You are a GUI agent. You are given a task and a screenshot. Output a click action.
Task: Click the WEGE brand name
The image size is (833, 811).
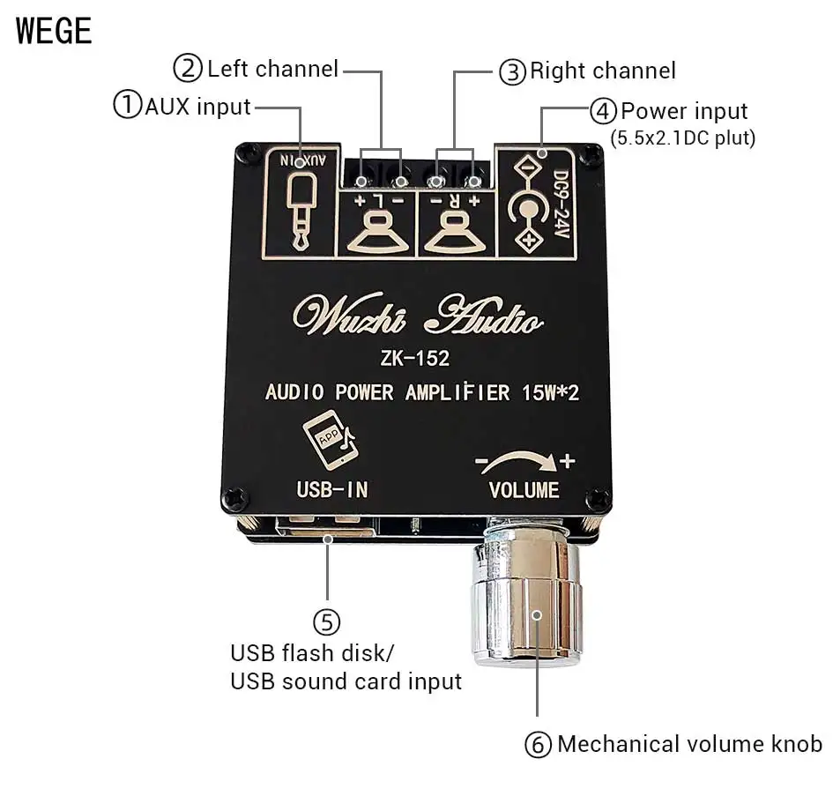point(54,31)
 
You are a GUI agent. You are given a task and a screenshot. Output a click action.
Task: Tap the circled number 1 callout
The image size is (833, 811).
point(127,107)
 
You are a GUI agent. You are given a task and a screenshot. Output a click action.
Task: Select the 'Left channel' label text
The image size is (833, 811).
point(272,68)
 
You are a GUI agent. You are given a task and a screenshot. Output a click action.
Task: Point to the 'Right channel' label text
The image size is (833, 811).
point(603,71)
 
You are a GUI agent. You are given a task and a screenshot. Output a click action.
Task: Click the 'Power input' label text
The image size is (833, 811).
point(684,112)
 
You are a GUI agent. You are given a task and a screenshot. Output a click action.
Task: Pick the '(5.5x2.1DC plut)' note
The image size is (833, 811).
point(682,138)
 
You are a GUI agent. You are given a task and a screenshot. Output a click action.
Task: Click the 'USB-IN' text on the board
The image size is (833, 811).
point(332,488)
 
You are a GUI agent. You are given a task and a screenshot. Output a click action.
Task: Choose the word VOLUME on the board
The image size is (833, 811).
point(524,490)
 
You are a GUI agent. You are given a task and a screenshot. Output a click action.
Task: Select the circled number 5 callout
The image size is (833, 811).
point(326,622)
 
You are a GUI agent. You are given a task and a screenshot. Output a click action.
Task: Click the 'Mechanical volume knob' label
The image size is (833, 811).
point(688,744)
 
